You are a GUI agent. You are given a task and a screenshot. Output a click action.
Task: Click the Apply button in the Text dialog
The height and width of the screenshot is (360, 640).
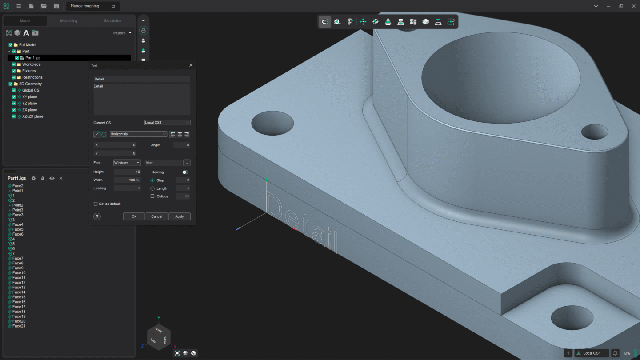coord(179,216)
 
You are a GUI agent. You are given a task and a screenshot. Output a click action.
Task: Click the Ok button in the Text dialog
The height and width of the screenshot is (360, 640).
coord(134,216)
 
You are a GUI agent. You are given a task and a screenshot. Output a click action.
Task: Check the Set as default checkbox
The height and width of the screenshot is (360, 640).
coord(96,204)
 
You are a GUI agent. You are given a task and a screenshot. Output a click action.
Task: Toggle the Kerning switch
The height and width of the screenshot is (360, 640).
coord(185,172)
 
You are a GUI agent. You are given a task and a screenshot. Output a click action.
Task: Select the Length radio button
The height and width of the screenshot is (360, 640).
coord(152,188)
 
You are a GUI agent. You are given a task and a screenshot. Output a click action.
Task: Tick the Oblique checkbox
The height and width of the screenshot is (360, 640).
coord(152,196)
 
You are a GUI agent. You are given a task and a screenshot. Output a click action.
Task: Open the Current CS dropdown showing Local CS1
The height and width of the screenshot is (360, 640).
coord(167,123)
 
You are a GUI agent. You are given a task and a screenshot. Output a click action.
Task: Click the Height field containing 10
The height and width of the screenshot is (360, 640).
coord(127,172)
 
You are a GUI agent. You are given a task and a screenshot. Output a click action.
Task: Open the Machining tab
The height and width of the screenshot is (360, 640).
coord(69,21)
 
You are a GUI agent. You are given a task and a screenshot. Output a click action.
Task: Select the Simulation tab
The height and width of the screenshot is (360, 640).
coord(112,21)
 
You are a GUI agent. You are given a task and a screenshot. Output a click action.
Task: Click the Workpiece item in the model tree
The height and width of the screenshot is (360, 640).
coord(31,64)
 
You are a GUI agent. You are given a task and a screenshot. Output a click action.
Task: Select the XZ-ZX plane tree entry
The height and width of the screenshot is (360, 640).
coord(32,116)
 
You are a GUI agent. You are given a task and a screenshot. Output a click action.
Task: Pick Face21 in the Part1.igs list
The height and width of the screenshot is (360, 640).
coord(19,326)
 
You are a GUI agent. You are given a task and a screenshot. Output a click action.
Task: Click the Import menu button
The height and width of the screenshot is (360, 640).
coord(122,33)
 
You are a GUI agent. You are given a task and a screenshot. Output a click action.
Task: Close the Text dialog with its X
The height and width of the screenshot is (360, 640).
coord(191,65)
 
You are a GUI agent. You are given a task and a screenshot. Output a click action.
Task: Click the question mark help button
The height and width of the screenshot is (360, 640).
coord(97,216)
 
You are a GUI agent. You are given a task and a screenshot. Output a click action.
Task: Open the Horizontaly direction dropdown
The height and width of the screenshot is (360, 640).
coord(138,134)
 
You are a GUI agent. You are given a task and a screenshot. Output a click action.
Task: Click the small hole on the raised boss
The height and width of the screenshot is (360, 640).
coord(594,132)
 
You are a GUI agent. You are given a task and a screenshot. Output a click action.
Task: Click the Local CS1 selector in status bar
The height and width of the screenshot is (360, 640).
coord(592,353)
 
